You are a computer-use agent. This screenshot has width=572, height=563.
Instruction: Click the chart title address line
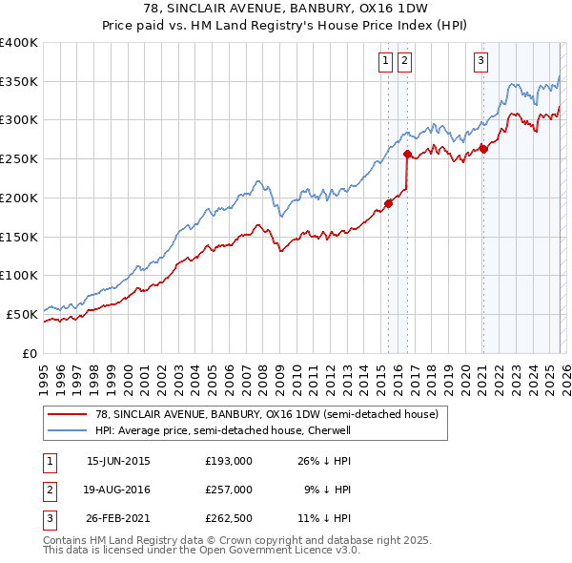(285, 8)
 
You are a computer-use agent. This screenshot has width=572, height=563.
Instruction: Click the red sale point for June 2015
(388, 202)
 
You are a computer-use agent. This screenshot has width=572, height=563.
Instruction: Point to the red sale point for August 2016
(408, 154)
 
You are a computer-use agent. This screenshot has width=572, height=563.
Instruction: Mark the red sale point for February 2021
(483, 148)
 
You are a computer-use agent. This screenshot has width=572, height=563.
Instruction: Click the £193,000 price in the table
(228, 460)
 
